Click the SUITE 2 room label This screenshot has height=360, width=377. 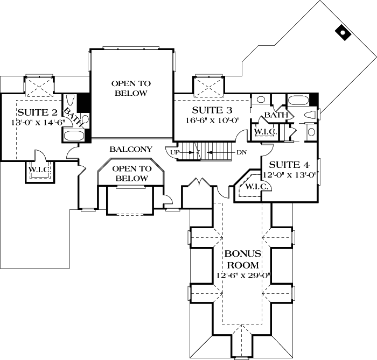[x=37, y=112]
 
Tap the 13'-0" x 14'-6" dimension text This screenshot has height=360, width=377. [x=37, y=122]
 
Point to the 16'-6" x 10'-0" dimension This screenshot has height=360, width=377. [x=212, y=120]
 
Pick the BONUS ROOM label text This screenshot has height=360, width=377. [x=243, y=259]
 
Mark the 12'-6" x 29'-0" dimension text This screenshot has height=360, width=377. [x=243, y=276]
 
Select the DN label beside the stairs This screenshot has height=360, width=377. [x=241, y=152]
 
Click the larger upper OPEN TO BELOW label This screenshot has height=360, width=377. [x=131, y=88]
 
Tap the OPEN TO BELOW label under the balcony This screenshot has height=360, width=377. [x=131, y=173]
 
